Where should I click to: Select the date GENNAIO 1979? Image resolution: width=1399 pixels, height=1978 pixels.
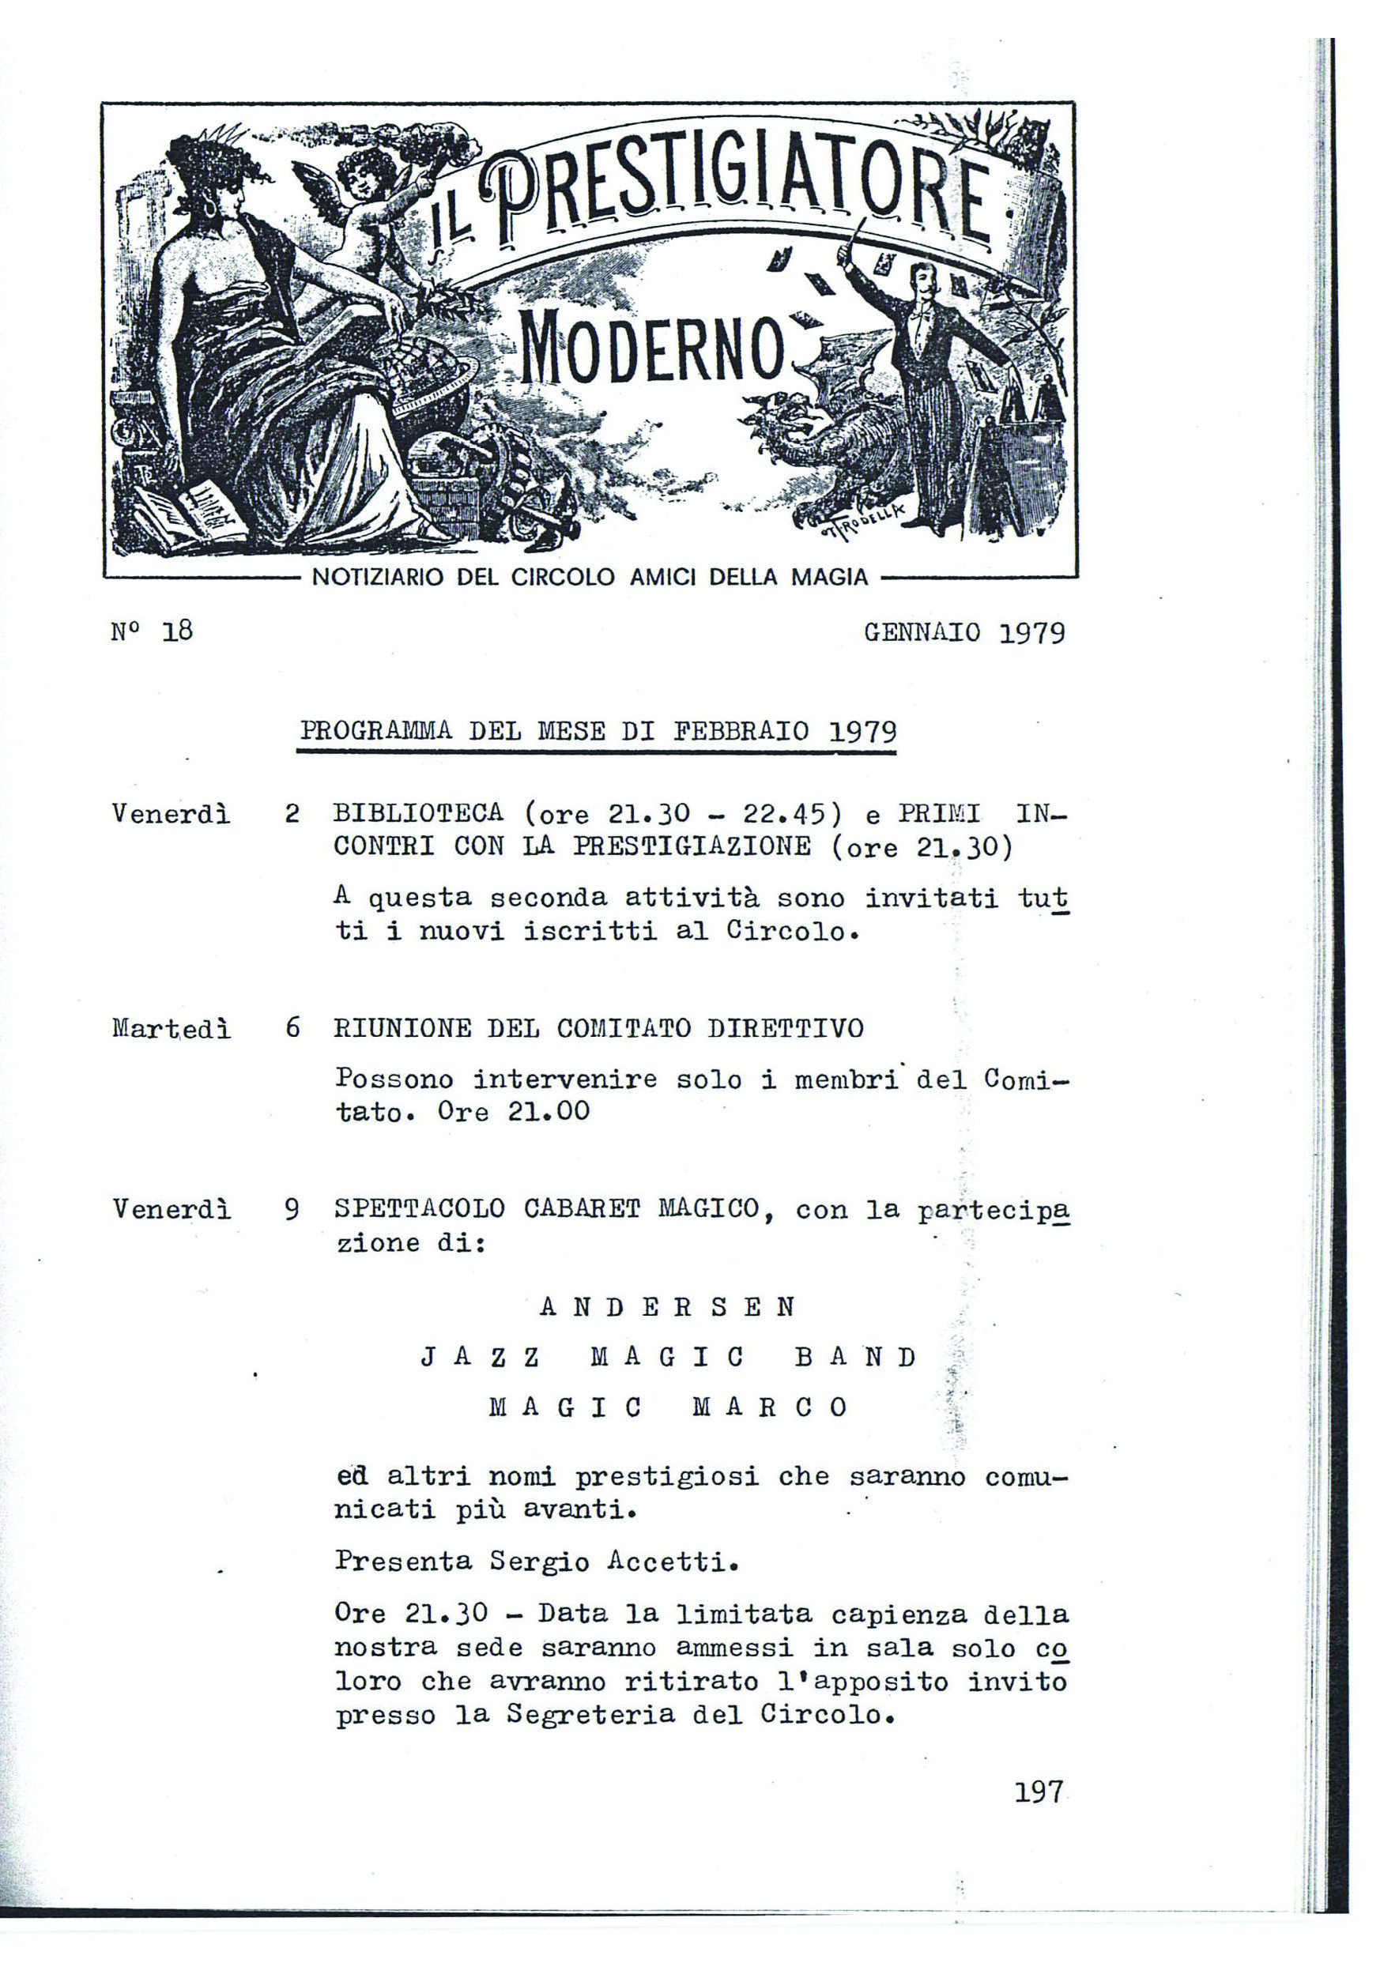964,633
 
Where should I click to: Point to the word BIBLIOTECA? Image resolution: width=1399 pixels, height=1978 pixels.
419,813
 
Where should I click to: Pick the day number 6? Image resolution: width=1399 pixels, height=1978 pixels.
293,1029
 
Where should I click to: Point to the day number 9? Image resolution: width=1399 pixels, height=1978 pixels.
293,1211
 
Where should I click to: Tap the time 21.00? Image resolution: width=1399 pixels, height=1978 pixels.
548,1111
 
